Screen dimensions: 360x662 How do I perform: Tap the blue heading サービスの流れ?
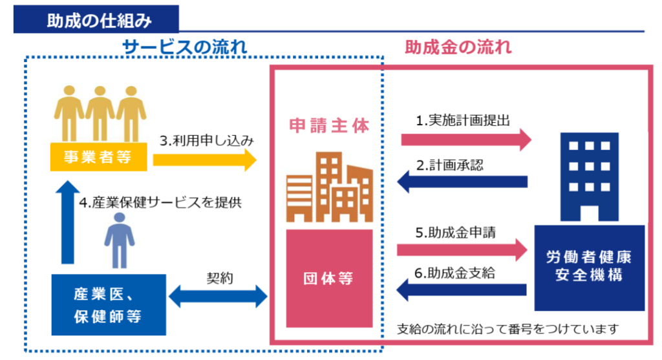185,47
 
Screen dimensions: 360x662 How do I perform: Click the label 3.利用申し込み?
204,140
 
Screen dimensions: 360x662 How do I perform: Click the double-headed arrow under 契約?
218,297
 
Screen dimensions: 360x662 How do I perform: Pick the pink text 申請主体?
330,126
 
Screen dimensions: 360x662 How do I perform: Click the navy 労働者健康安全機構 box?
589,266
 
